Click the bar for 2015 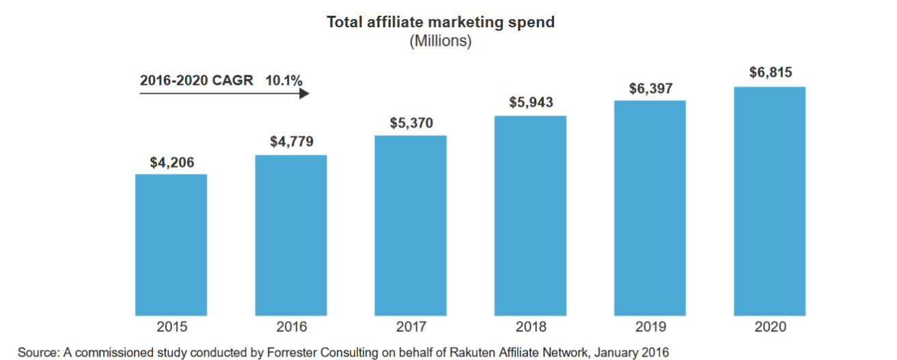pos(171,244)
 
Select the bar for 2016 pos(291,234)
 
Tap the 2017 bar pos(411,225)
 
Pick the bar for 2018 pos(530,214)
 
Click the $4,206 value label pos(172,163)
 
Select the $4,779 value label pos(292,143)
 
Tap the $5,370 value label pos(411,123)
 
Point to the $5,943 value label pos(531,103)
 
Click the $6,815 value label pos(771,73)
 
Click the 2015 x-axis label pos(171,327)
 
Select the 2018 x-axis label pos(531,327)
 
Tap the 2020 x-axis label pos(771,327)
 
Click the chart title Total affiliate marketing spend pos(441,23)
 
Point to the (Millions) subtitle pos(441,41)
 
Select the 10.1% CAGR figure pos(284,81)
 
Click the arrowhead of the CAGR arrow pos(305,93)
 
